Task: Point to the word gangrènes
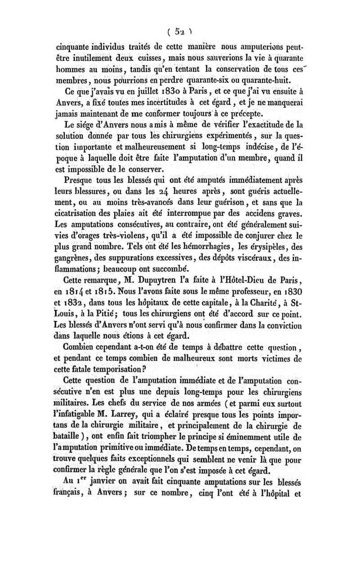tap(74, 257)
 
